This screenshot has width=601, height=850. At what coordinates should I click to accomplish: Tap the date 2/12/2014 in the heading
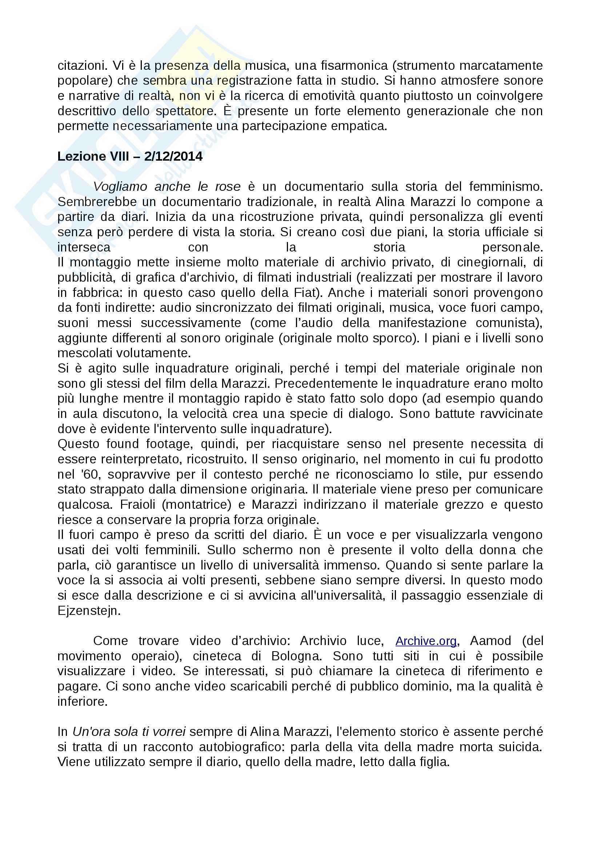173,157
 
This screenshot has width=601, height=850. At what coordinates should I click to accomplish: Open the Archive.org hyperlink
426,641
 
